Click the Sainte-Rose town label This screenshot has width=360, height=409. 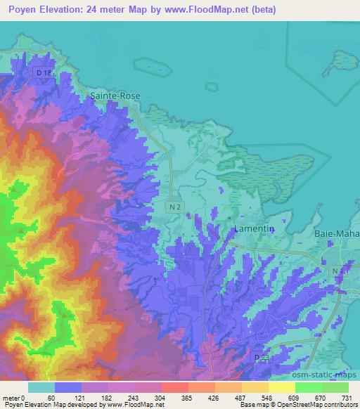click(115, 96)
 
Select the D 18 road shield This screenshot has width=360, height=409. click(44, 72)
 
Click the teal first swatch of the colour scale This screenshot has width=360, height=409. click(41, 387)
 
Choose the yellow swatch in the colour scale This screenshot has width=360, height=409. click(281, 387)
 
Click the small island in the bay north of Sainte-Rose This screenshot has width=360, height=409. click(153, 65)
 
